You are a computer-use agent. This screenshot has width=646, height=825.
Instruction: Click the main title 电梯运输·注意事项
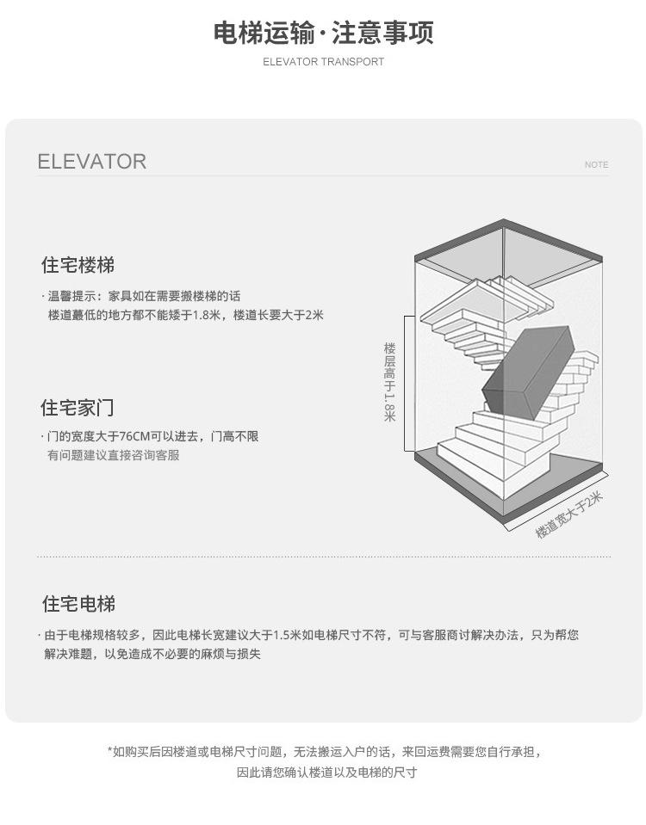323,33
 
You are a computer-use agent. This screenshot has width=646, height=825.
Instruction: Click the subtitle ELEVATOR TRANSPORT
323,62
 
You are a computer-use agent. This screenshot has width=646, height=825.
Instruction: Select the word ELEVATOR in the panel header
92,162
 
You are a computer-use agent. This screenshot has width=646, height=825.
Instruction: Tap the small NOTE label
596,164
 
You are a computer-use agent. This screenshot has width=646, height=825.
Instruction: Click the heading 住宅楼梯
78,265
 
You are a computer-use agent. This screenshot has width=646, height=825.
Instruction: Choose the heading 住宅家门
78,408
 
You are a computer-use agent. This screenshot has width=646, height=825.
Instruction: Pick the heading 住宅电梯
78,604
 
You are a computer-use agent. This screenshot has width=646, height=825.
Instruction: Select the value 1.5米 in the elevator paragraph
287,635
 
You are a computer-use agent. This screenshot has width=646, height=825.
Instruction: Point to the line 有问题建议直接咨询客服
113,455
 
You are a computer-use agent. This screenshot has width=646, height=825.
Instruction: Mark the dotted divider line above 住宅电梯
323,557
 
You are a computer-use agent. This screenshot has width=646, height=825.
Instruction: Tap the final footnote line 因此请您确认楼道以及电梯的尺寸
326,772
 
